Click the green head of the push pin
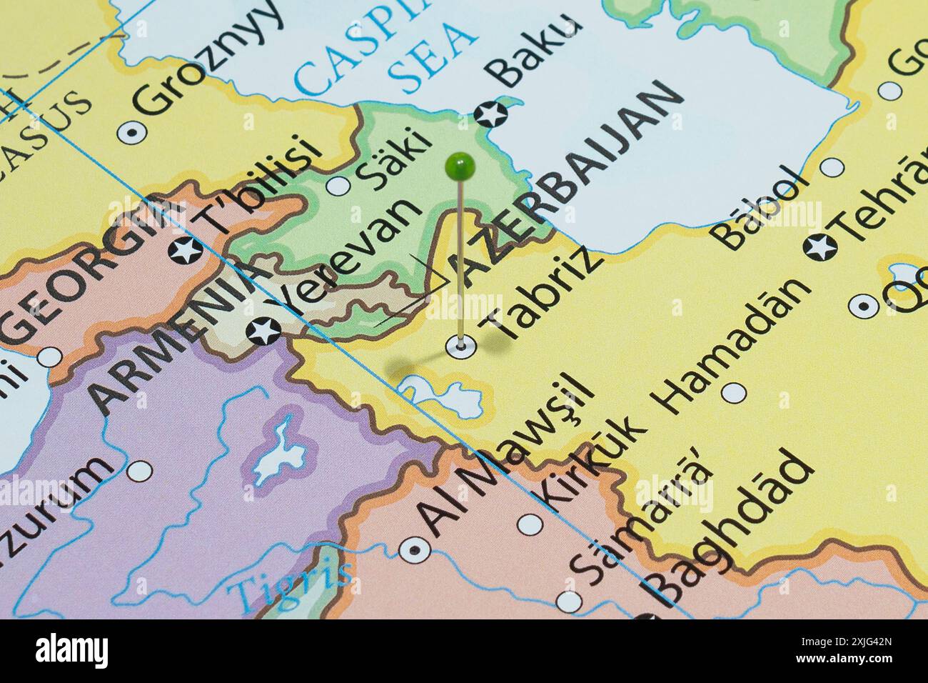(x=460, y=166)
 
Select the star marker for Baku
(x=490, y=114)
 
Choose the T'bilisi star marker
(x=185, y=251)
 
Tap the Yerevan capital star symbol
(x=263, y=331)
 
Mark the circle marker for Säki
(x=338, y=186)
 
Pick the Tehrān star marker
(x=820, y=247)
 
